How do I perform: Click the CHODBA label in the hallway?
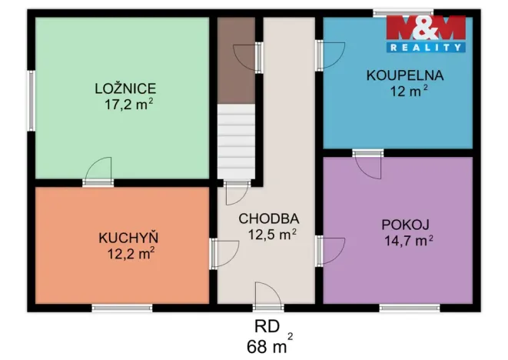point(268,218)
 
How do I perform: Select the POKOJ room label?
point(406,225)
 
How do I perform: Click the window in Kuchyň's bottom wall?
point(122,308)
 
